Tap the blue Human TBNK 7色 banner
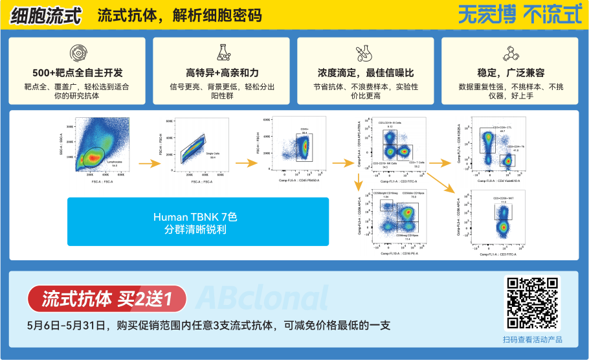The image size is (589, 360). tap(198, 221)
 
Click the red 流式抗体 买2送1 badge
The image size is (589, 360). tap(107, 299)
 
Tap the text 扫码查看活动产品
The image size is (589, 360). tap(532, 339)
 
